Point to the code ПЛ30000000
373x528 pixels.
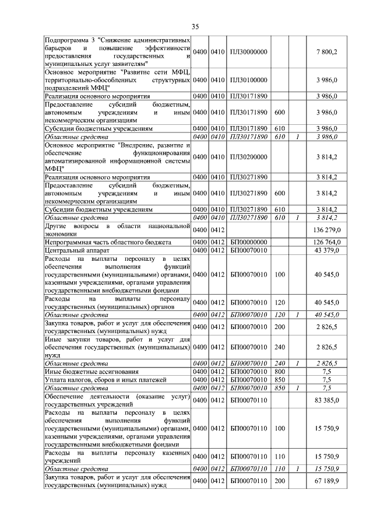coord(249,53)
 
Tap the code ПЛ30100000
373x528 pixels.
coord(249,79)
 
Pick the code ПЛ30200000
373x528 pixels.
coord(249,156)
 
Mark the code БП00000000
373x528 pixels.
coord(249,242)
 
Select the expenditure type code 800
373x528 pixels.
coord(280,371)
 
